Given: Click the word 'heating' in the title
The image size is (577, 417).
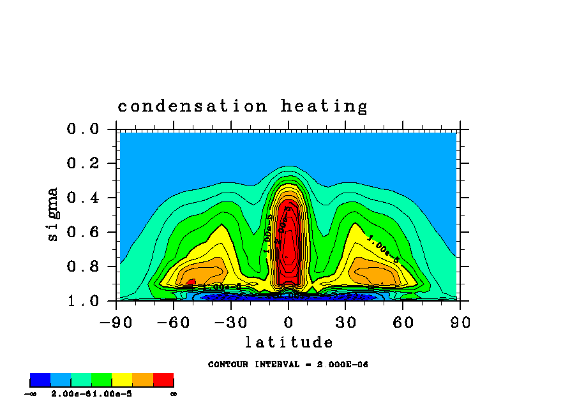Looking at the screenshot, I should [324, 106].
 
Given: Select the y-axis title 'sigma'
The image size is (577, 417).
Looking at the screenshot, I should [53, 214].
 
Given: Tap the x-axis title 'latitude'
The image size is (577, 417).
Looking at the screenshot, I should [289, 343].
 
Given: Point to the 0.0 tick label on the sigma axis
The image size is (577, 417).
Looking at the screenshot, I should [82, 129].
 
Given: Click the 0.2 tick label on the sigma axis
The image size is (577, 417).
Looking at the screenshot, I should [82, 164].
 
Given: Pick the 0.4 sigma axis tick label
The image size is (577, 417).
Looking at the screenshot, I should [82, 198].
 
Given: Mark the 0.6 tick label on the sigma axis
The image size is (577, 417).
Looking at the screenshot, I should [82, 232].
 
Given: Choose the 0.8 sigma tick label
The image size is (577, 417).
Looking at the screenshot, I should [82, 267].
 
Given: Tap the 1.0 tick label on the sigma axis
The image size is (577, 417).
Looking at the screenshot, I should [82, 300].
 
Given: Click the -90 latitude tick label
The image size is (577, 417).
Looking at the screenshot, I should [116, 323].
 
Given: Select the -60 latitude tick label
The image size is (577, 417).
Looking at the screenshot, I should [174, 323].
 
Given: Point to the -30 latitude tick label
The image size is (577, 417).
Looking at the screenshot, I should [230, 323].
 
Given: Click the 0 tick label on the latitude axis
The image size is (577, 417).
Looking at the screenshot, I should [288, 323].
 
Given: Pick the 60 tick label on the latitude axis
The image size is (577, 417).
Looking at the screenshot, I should [403, 323].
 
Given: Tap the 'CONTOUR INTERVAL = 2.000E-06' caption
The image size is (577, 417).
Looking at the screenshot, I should [288, 365].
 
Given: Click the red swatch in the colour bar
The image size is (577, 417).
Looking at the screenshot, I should [163, 381].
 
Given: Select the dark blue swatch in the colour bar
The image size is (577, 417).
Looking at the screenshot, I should [40, 381].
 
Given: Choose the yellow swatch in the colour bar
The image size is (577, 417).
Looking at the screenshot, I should [123, 381].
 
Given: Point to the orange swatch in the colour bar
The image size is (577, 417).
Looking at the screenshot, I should [143, 381].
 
